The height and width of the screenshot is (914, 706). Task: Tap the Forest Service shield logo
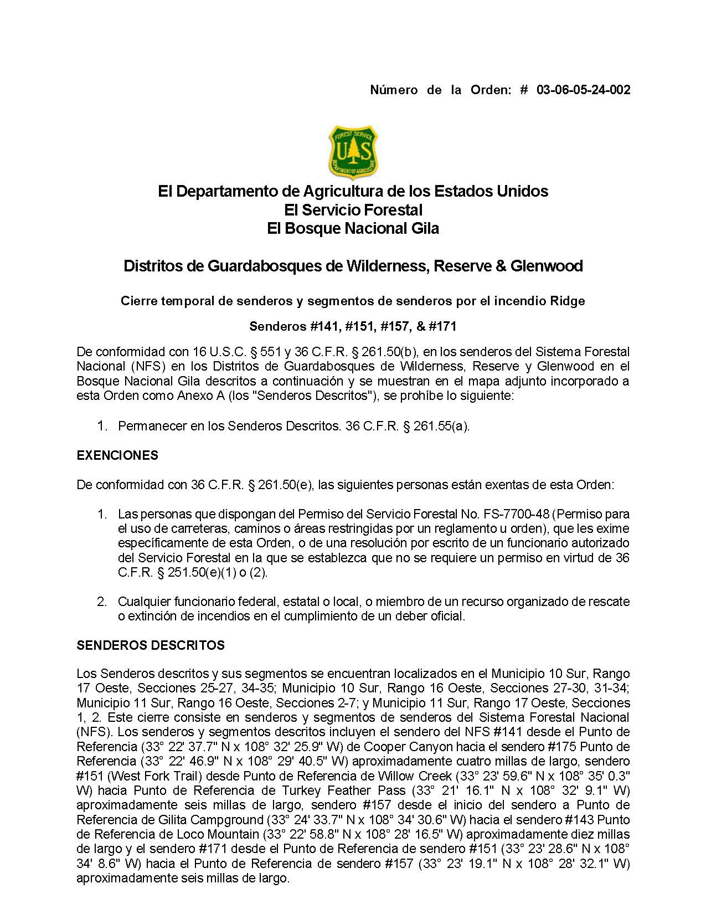pyautogui.click(x=353, y=152)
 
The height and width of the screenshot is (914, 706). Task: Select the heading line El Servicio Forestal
pyautogui.click(x=353, y=210)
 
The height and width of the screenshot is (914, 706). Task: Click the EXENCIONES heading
pyautogui.click(x=117, y=455)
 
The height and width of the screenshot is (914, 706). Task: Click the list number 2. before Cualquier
pyautogui.click(x=102, y=602)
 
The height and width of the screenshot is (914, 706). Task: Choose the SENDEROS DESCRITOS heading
pyautogui.click(x=151, y=645)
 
